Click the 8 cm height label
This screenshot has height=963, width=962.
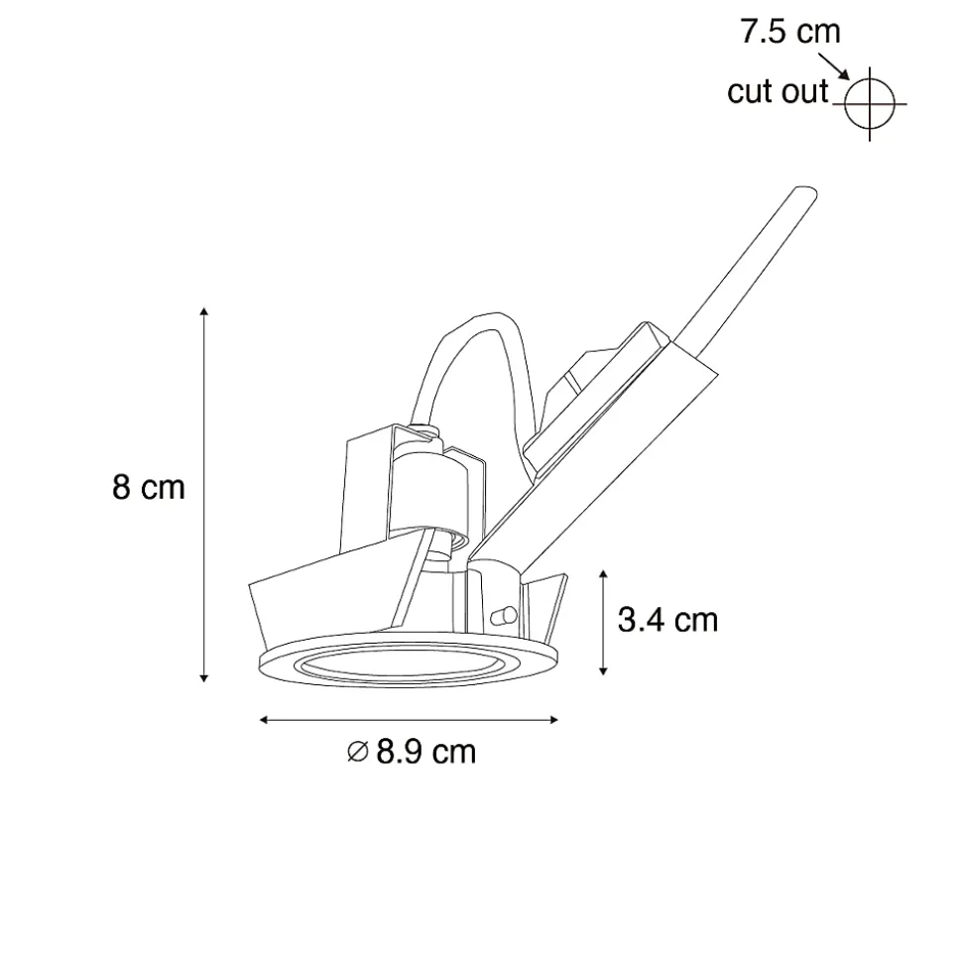tap(149, 487)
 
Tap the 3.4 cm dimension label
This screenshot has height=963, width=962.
tap(667, 620)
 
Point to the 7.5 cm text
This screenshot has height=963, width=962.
tap(790, 32)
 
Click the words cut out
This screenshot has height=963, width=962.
tap(778, 91)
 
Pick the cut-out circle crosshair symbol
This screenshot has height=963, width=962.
tap(869, 104)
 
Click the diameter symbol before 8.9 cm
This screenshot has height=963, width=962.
tap(357, 752)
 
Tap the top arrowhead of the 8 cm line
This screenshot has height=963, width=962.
tap(204, 310)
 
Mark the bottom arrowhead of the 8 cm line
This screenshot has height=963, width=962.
tap(204, 677)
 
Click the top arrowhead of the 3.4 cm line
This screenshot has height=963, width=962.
tap(603, 574)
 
